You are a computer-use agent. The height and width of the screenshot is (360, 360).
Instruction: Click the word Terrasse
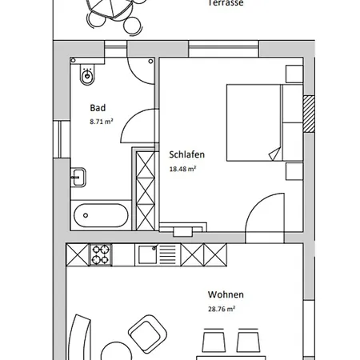point(226,3)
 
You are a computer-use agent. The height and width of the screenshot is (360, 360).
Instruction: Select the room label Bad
point(98,108)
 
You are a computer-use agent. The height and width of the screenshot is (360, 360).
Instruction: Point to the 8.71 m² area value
point(101,121)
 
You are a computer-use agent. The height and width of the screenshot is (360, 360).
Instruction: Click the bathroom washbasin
point(78,177)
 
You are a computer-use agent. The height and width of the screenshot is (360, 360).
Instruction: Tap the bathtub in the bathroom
point(100,215)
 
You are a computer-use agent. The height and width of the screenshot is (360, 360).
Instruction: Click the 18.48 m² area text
point(183,169)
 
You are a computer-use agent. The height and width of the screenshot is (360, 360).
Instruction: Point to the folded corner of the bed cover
point(274,152)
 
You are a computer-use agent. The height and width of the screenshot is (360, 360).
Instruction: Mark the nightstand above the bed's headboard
point(294,75)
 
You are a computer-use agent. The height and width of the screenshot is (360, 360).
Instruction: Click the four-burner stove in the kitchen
point(102,255)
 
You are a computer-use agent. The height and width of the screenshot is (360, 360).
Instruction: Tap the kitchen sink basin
point(148,255)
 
